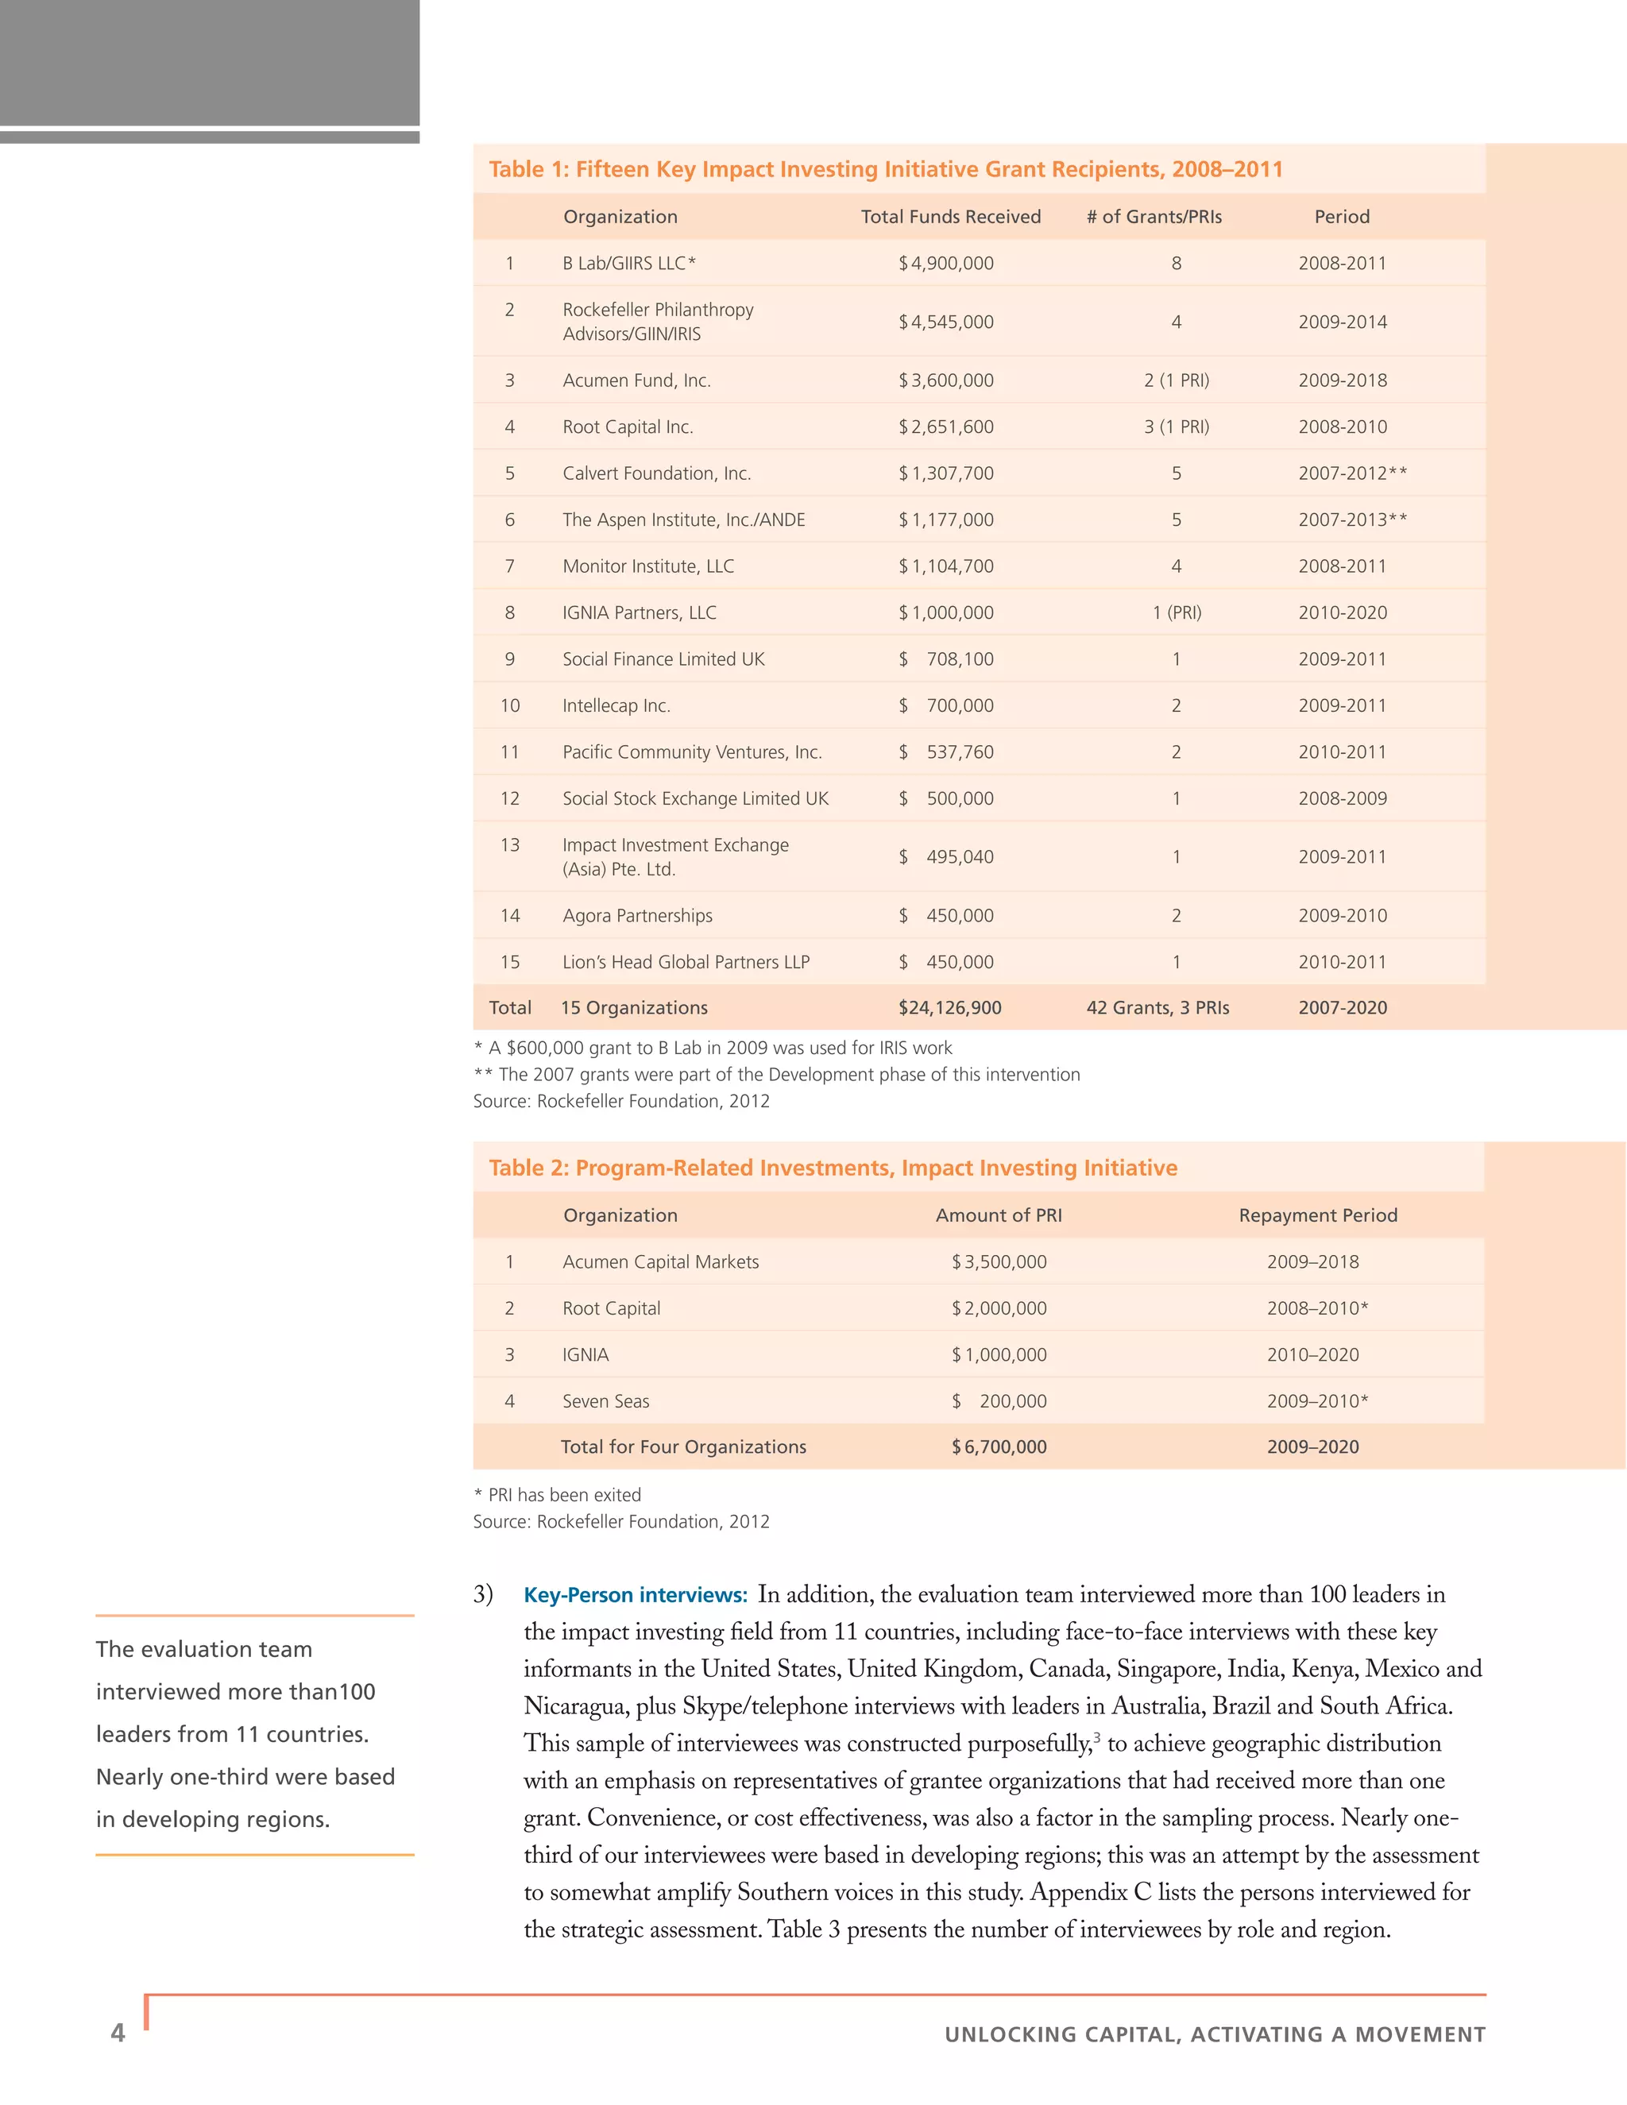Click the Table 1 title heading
885,170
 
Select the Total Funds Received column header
950,217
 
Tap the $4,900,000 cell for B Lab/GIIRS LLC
945,263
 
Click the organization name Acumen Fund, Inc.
636,380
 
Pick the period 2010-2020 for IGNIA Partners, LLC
1342,613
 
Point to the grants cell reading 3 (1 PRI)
1176,427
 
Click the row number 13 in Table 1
510,845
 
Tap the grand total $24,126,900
949,1008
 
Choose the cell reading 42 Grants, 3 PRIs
1157,1008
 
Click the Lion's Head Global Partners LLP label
686,962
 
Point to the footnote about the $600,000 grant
713,1048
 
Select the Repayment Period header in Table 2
1318,1215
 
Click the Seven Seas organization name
605,1401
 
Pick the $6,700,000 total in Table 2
999,1446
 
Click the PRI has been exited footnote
557,1495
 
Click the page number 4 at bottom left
118,2033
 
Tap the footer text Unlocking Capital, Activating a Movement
1215,2034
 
